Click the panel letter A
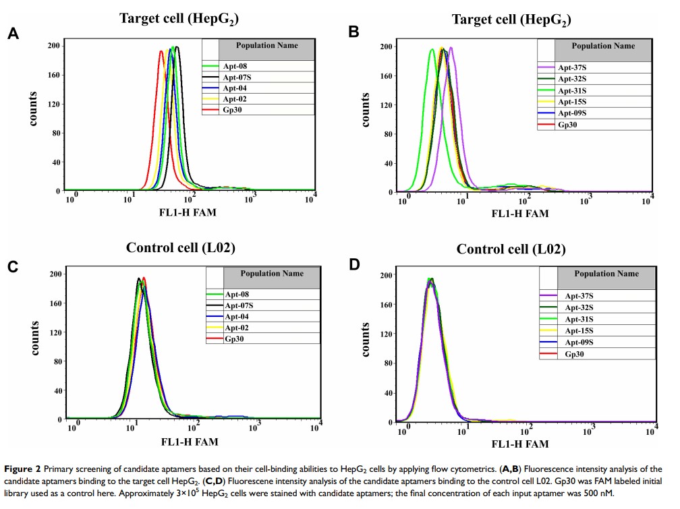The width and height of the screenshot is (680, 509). click(13, 34)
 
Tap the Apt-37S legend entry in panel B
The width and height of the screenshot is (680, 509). click(571, 68)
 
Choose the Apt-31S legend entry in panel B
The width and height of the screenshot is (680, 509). click(571, 90)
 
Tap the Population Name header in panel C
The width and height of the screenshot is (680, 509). click(271, 274)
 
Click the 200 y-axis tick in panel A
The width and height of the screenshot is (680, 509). click(53, 46)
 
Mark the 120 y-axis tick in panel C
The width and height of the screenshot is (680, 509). click(53, 332)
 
